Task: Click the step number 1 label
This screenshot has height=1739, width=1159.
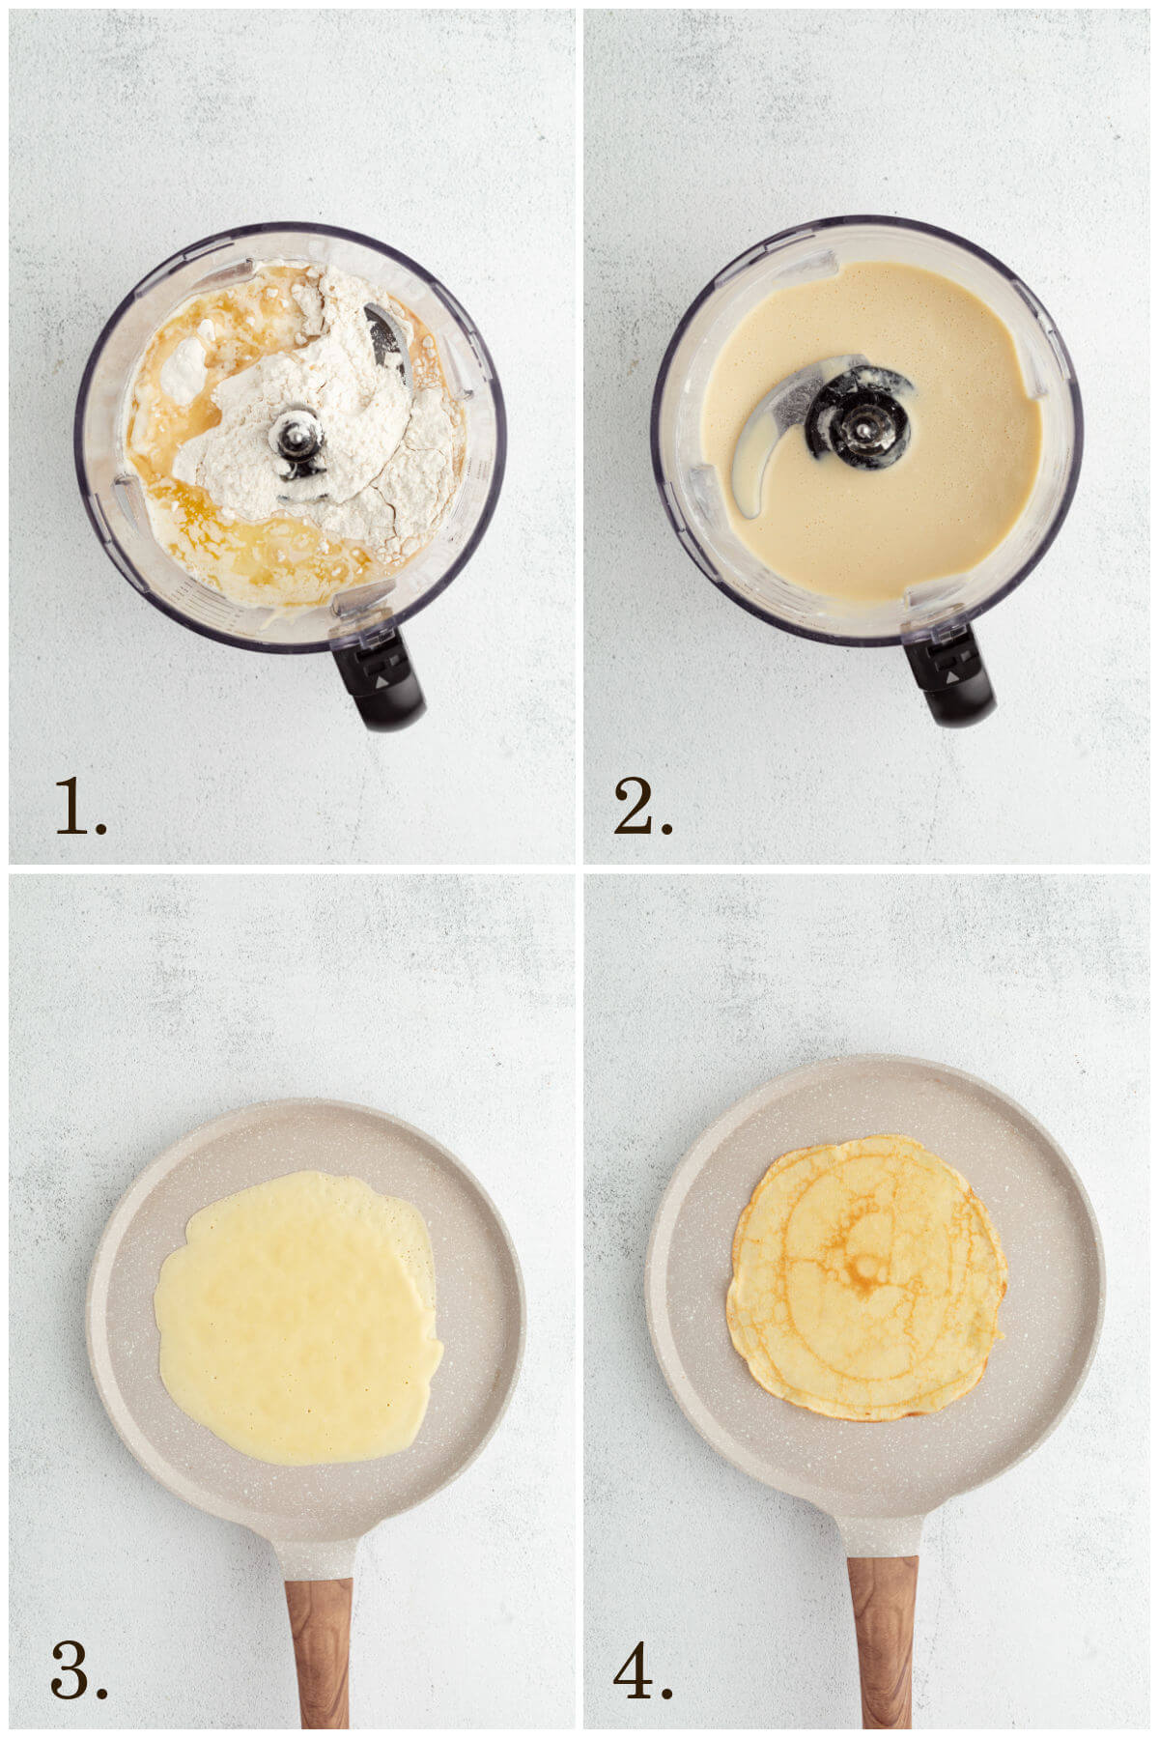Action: (79, 806)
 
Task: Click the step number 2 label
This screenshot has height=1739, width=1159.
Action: (642, 806)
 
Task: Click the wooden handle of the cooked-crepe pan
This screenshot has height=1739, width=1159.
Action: (882, 1642)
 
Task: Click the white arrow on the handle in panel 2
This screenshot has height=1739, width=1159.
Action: (952, 679)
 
